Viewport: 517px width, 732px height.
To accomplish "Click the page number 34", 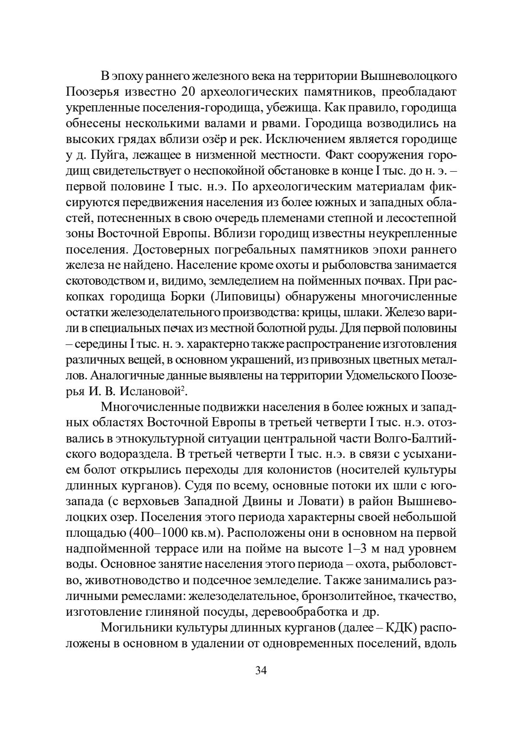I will tap(261, 670).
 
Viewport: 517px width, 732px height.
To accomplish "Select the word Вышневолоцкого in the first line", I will tap(408, 76).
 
